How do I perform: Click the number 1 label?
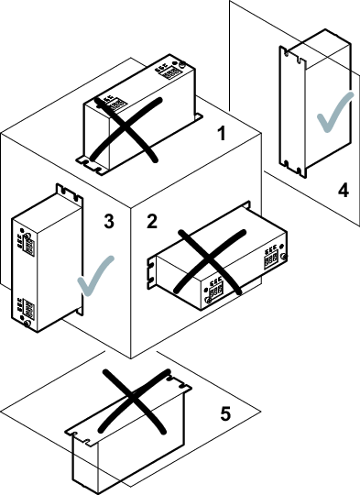(x=223, y=133)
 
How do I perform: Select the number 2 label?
(x=152, y=221)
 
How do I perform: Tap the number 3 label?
(x=109, y=221)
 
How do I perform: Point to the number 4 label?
(x=344, y=191)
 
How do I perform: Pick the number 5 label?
(x=225, y=413)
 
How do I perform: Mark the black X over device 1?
(x=126, y=130)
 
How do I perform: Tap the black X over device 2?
(x=211, y=262)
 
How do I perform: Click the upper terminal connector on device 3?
(x=27, y=244)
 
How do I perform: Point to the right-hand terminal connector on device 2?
(x=272, y=257)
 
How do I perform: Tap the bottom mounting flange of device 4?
(x=292, y=169)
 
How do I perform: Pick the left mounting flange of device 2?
(x=152, y=273)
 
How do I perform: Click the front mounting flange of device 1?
(x=93, y=164)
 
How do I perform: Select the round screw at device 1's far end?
(x=182, y=65)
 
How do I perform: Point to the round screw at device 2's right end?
(x=284, y=257)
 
